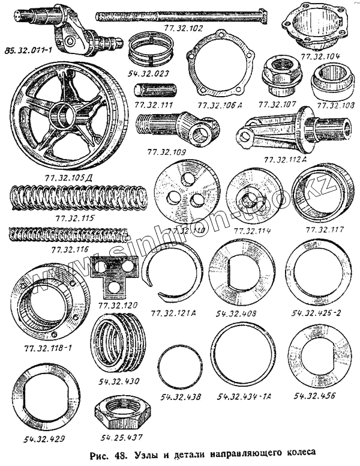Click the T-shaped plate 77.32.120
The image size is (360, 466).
coord(114,275)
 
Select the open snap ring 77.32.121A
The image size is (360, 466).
coord(173,273)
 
